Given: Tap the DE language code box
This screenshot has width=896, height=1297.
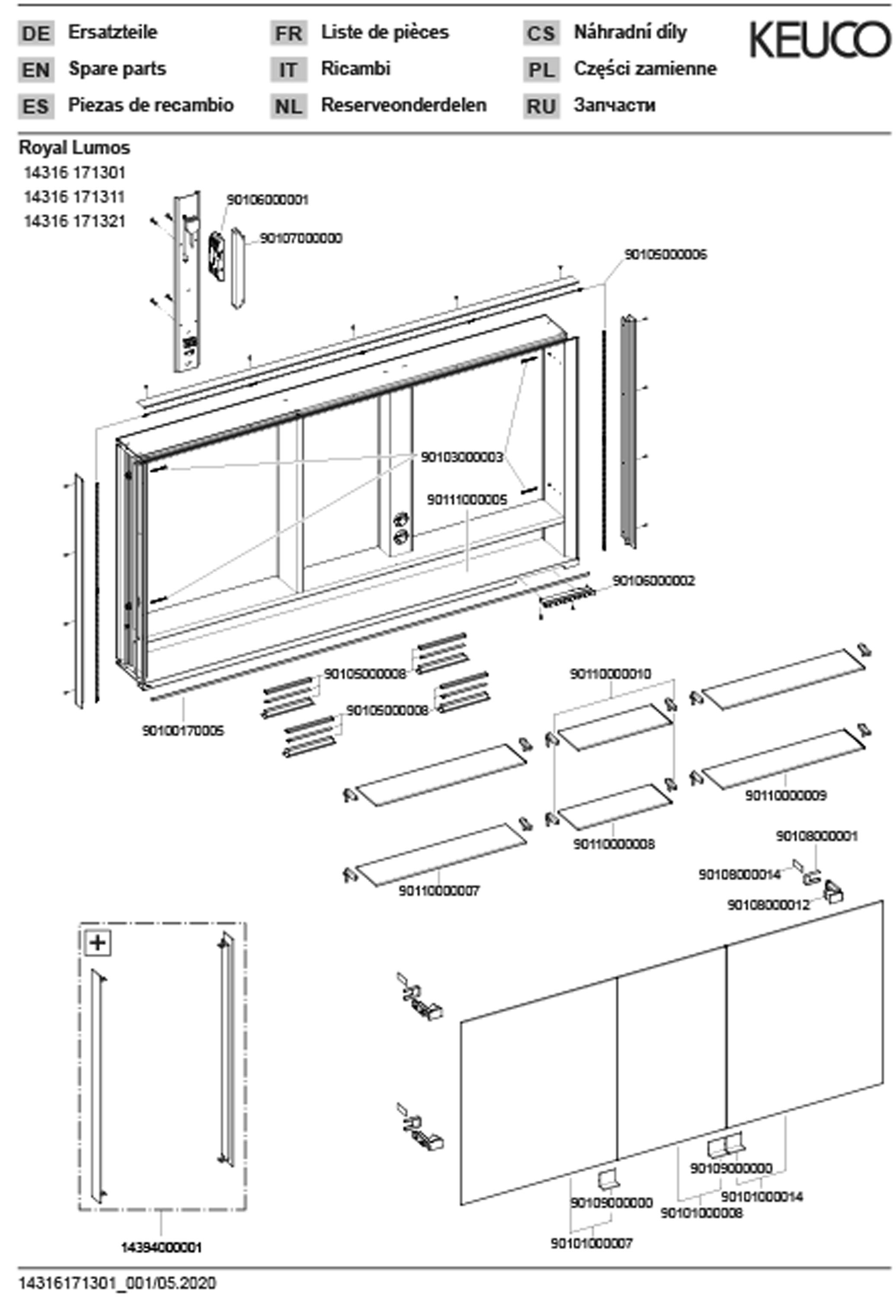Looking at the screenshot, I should pos(36,34).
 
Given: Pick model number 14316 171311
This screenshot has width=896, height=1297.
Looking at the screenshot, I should pos(74,197).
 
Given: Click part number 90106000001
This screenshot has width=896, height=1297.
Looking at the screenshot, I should pos(267,200).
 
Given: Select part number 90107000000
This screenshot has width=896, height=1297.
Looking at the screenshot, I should pos(301,239).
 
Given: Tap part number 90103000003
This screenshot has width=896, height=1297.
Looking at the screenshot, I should pos(461,457).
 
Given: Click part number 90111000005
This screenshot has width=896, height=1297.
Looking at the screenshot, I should pos(467,499).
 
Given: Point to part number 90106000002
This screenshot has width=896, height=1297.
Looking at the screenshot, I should pos(653,580).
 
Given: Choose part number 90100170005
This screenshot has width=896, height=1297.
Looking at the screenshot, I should pos(182,731).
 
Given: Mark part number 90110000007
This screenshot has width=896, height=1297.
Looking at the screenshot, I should pos(439,891).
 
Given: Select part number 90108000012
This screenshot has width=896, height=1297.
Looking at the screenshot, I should pos(768,905).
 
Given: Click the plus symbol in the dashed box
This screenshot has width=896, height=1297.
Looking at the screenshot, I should pos(98,942).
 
